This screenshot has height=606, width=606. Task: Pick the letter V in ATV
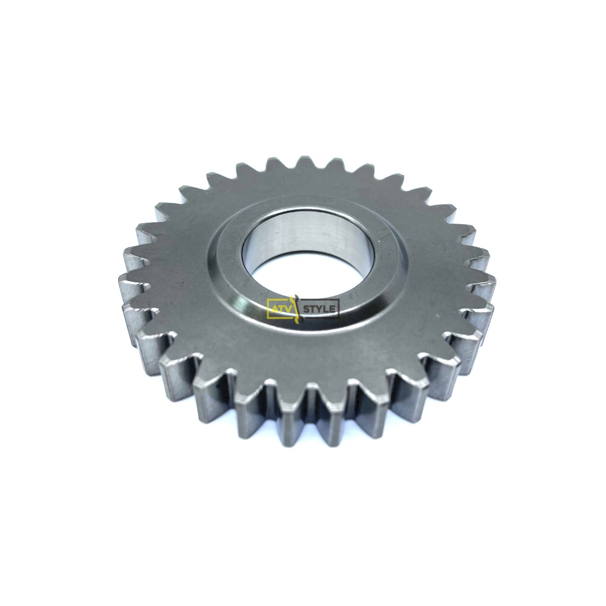click(287, 309)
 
